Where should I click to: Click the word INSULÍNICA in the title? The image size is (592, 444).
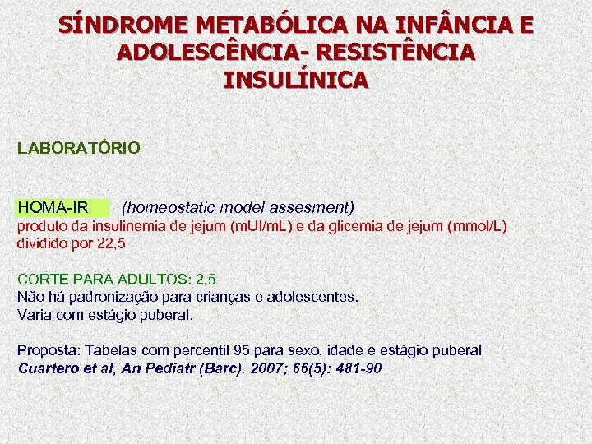tap(296, 81)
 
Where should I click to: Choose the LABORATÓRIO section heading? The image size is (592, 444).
tap(79, 149)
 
